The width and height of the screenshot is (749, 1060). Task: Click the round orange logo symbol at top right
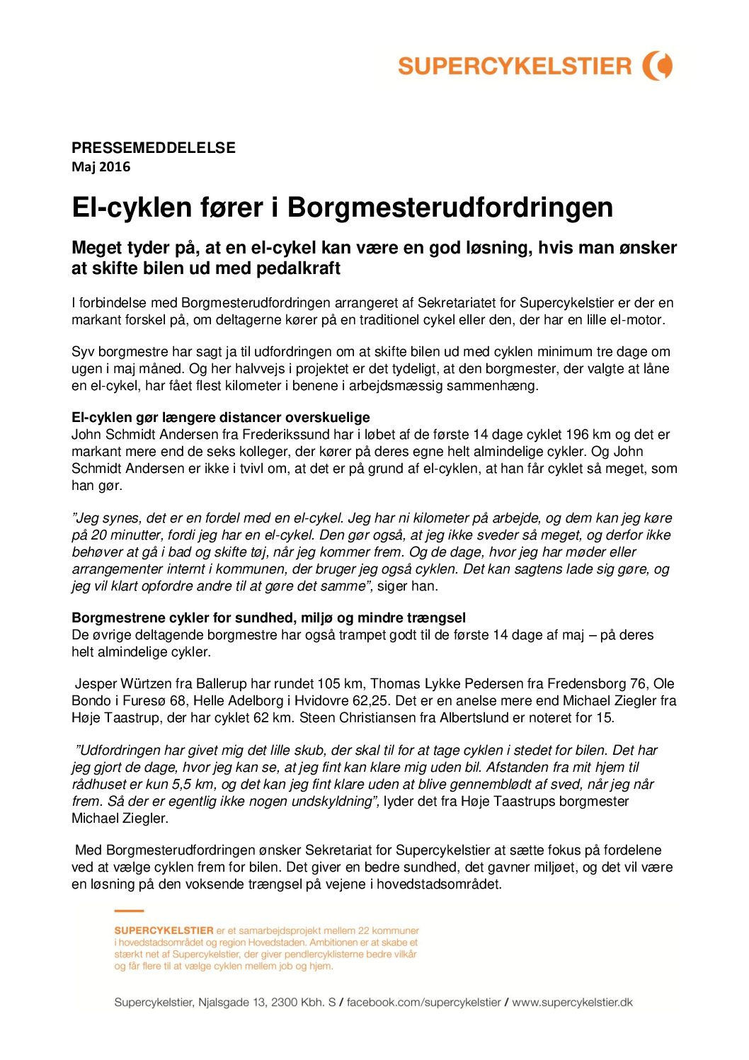tap(658, 66)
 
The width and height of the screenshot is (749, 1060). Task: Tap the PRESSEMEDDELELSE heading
tap(153, 148)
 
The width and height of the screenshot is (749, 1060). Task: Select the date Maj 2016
tap(101, 167)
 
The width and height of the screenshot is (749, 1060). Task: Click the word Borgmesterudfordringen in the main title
tap(450, 207)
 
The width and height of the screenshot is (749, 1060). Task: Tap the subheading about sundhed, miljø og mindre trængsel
tap(268, 617)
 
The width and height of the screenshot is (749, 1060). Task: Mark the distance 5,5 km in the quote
tap(194, 784)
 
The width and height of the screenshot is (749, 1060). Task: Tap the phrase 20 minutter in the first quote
tap(125, 535)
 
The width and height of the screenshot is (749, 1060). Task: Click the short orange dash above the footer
tap(129, 911)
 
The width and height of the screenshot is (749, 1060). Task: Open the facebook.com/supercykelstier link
tap(423, 1002)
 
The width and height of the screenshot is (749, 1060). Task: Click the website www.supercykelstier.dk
tap(572, 1002)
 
